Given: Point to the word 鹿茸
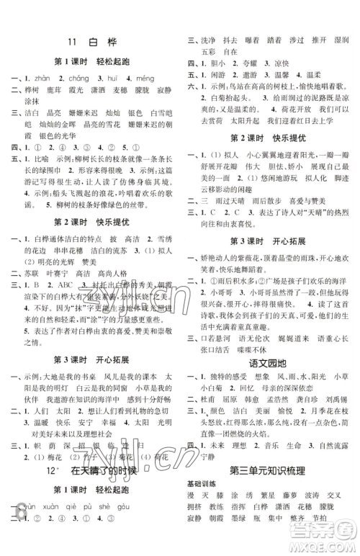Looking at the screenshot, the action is (x=53, y=91).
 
